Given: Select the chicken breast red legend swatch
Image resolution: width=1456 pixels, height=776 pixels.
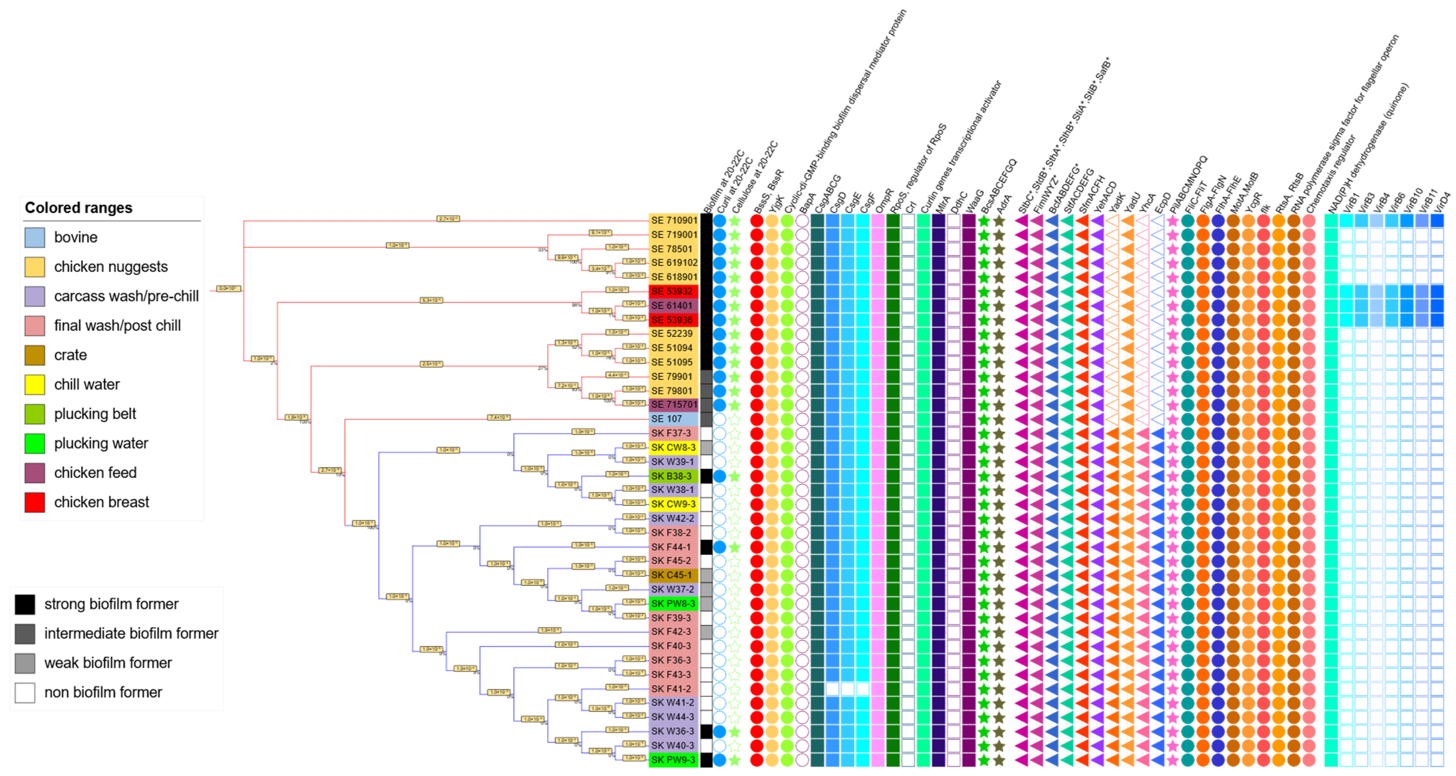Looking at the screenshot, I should [34, 502].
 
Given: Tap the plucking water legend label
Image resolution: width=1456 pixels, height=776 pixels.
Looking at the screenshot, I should [101, 443].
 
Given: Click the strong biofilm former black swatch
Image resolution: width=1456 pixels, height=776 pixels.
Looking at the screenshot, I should [25, 604].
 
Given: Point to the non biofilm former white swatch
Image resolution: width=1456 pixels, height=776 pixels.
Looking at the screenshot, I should [25, 692].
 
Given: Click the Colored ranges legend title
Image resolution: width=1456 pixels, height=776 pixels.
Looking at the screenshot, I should [78, 208].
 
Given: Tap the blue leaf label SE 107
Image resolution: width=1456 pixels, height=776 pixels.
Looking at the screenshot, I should [667, 419].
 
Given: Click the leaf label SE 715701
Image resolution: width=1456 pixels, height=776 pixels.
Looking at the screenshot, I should [674, 405].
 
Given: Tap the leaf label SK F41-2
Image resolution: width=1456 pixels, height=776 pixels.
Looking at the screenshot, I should [671, 689].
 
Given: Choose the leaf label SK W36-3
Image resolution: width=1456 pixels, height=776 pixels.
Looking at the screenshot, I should [673, 731].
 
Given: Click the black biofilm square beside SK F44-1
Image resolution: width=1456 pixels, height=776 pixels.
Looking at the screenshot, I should [706, 547].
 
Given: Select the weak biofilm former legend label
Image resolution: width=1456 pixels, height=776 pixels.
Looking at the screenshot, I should [108, 663].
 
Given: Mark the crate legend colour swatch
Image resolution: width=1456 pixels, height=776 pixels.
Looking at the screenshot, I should [34, 355].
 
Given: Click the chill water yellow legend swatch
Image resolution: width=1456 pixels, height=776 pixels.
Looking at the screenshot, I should [34, 385].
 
